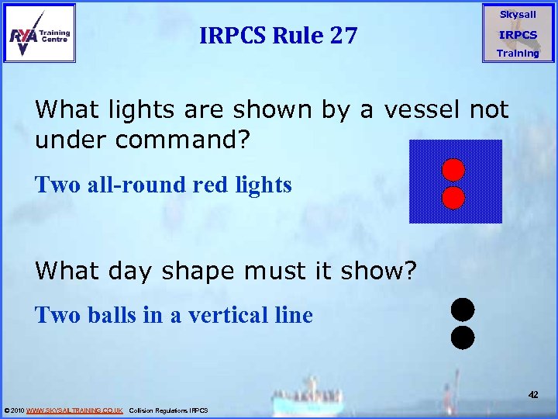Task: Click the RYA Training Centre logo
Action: (40, 33)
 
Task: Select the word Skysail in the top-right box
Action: (518, 15)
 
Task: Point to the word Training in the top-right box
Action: (518, 54)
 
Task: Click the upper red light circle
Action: (453, 169)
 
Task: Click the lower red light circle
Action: (453, 198)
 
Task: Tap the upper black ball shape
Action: (462, 310)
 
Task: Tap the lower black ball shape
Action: (462, 338)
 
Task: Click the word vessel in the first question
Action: (415, 110)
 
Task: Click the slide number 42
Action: (533, 395)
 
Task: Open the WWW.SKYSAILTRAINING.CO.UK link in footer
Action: (74, 410)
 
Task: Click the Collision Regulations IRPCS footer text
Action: (168, 410)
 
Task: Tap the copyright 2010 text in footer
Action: (14, 410)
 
